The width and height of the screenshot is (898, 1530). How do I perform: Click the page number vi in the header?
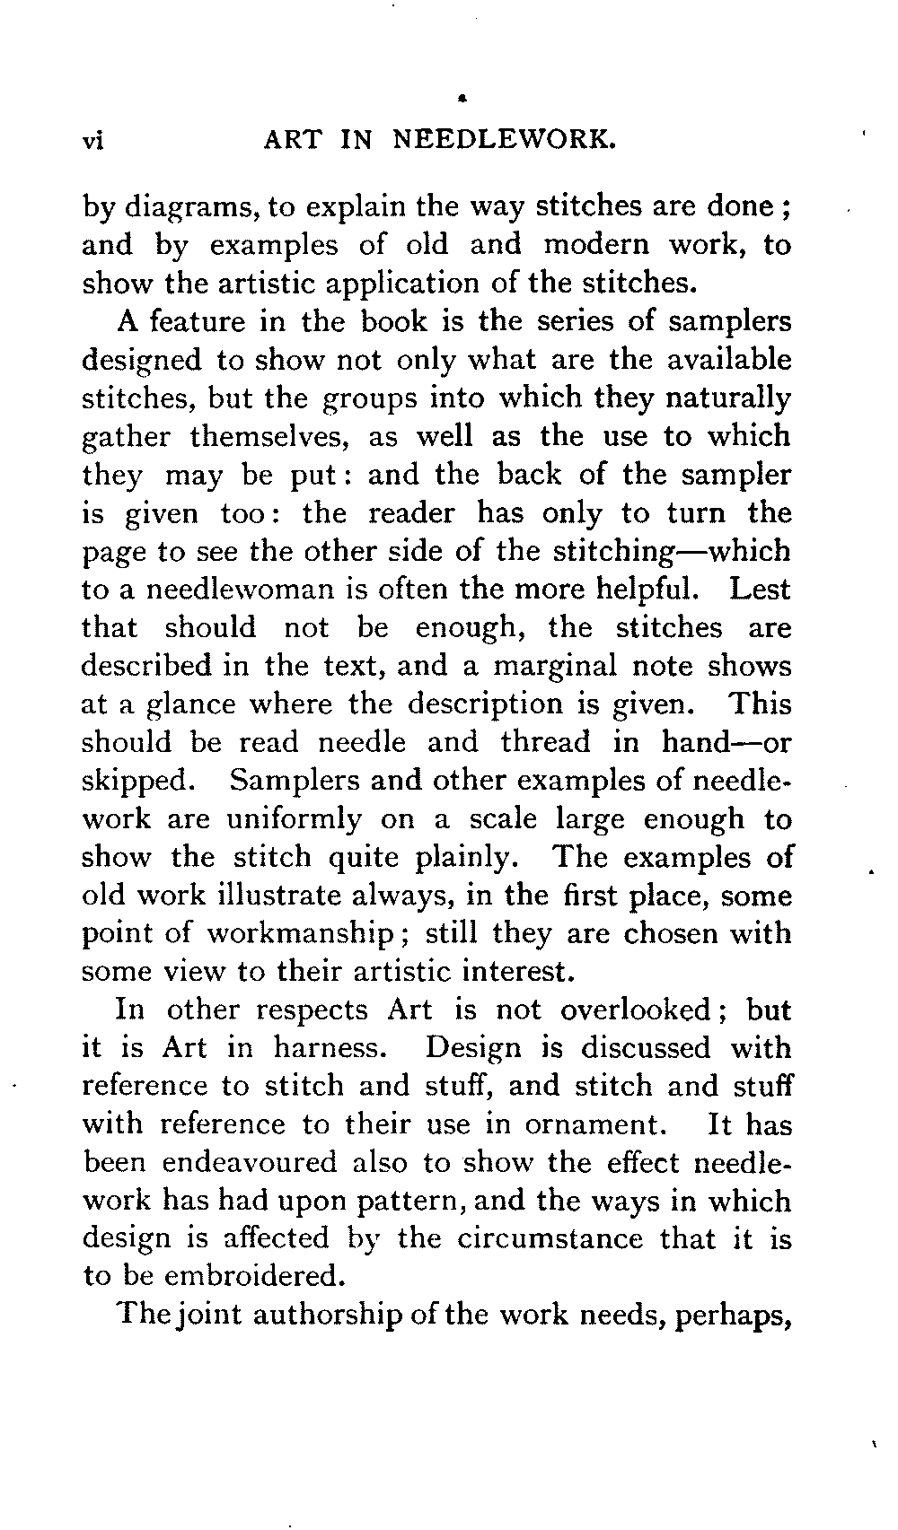pyautogui.click(x=94, y=141)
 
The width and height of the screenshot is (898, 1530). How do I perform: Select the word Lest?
pyautogui.click(x=760, y=590)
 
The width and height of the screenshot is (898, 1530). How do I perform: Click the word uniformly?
pyautogui.click(x=293, y=819)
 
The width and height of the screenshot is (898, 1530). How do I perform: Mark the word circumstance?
pyautogui.click(x=549, y=1238)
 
